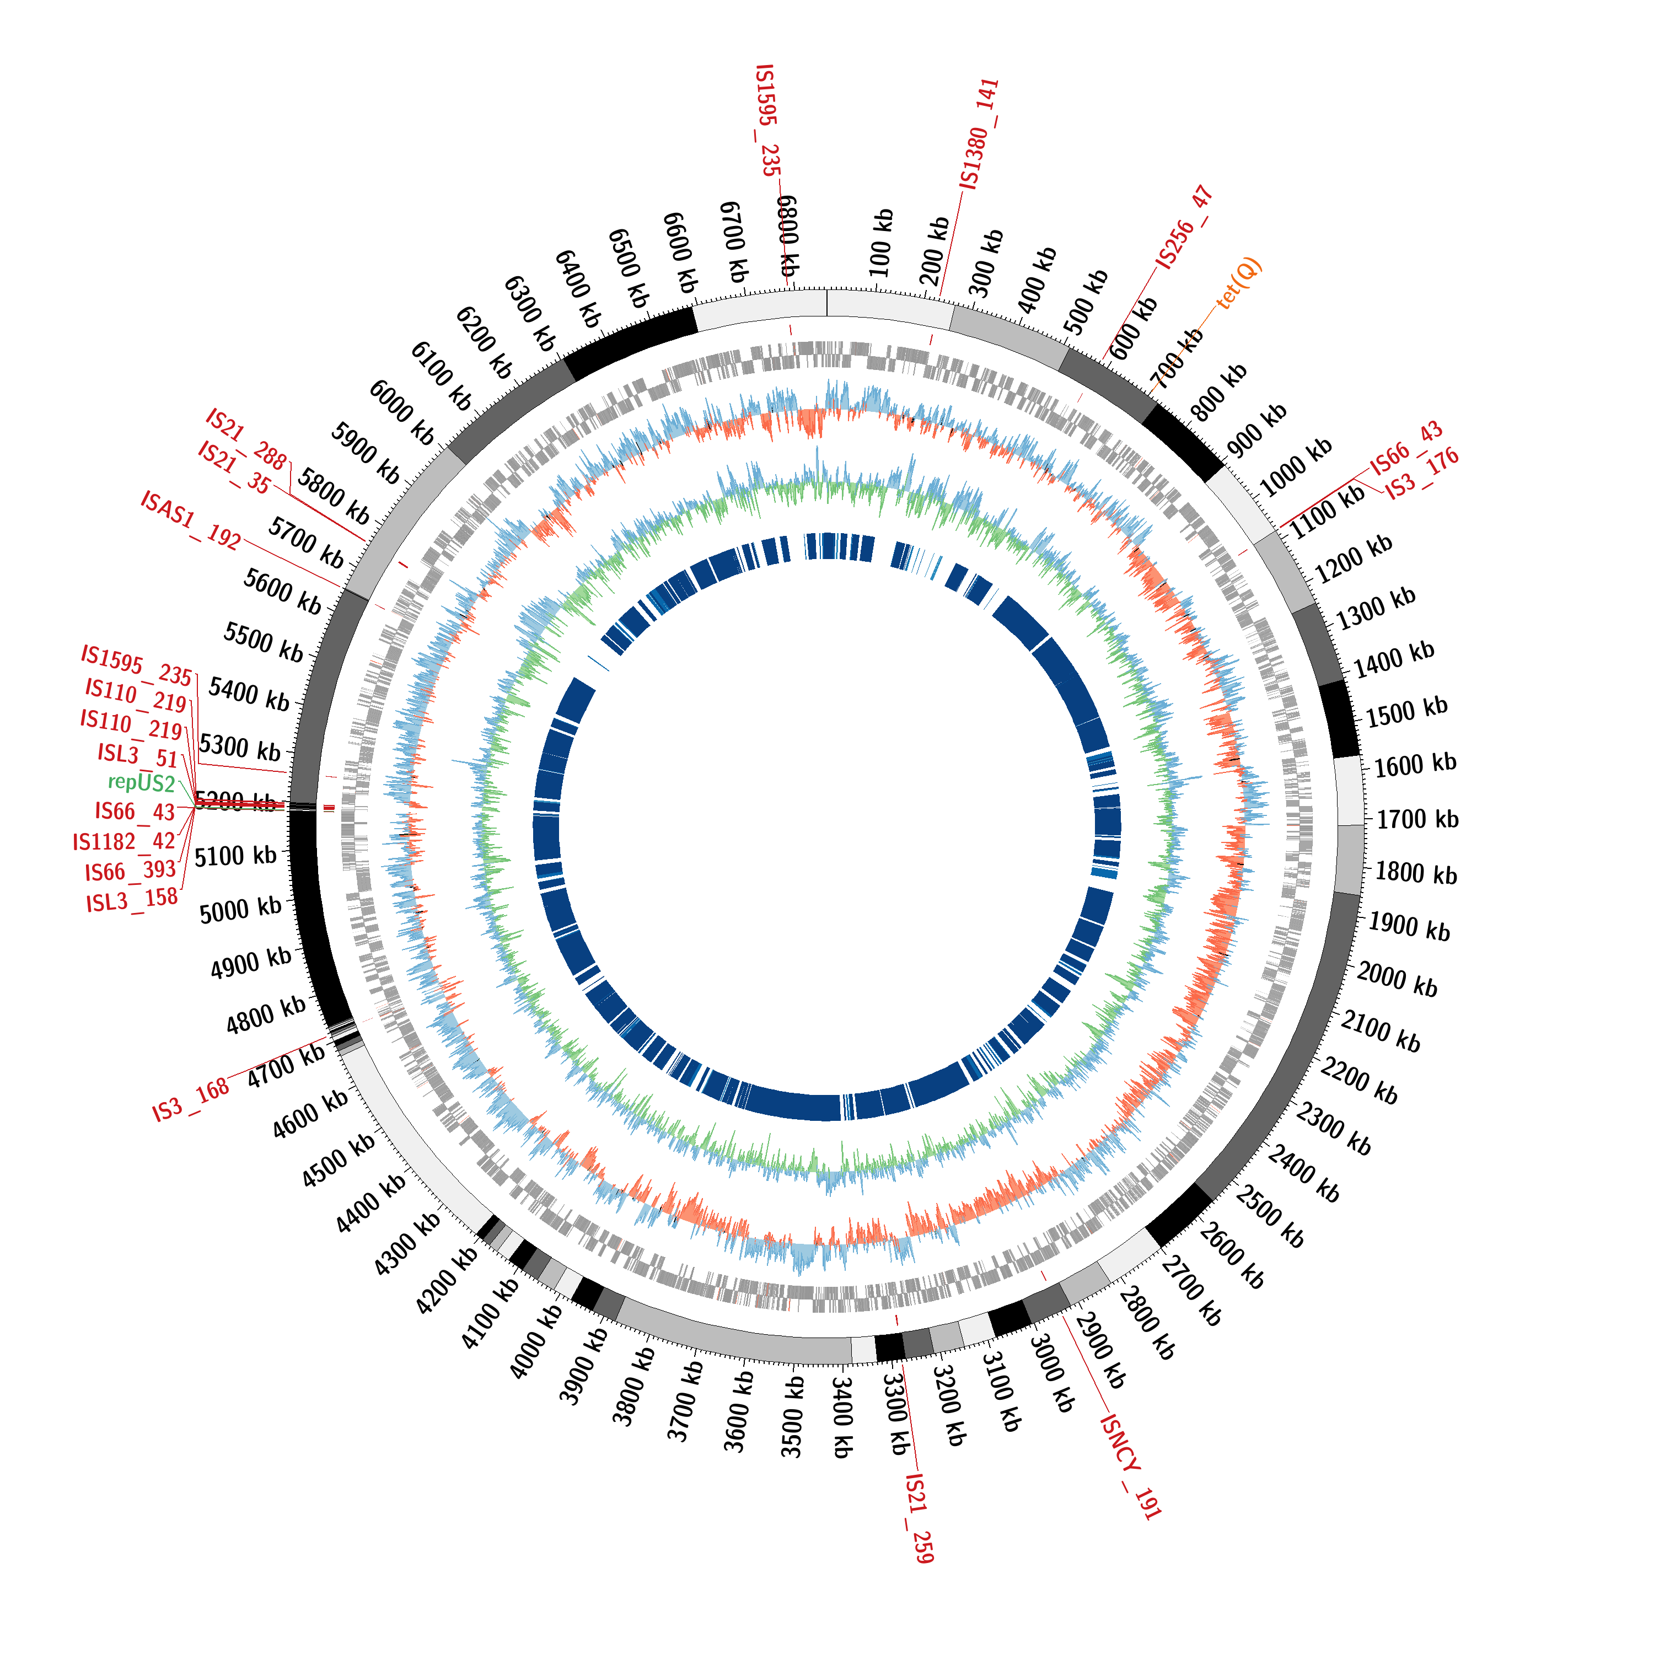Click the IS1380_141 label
(x=979, y=135)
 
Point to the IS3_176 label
(x=1421, y=474)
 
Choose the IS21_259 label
(x=919, y=1518)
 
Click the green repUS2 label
(x=141, y=782)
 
